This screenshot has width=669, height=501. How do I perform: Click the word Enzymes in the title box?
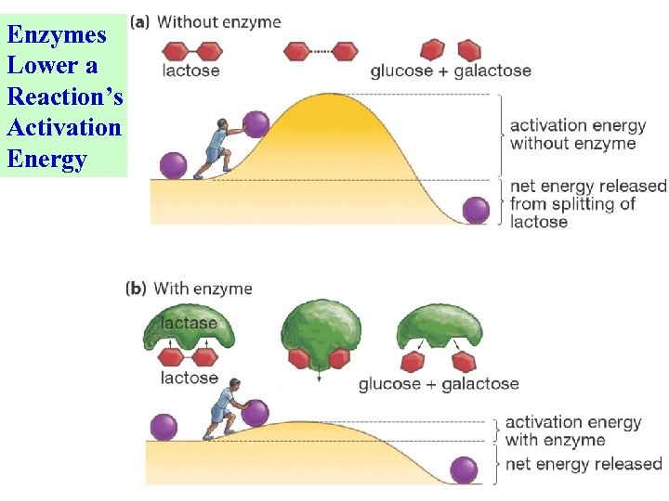coord(57,35)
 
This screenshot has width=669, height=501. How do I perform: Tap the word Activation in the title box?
coord(64,128)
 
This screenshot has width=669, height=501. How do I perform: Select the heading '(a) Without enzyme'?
coord(206,21)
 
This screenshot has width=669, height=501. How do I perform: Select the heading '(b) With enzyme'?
coord(190,289)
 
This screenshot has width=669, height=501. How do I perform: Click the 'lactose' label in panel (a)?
coord(191,71)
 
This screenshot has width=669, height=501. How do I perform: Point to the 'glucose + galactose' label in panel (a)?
coord(451,71)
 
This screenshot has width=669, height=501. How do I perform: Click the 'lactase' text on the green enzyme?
coord(190,324)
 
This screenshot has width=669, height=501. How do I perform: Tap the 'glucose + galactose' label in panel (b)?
coord(439,383)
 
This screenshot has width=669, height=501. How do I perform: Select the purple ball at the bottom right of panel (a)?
coord(476,211)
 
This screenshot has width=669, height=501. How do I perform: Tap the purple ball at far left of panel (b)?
coord(164,427)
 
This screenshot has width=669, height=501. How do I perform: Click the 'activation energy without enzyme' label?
coord(573,134)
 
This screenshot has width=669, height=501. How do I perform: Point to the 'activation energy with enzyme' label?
coord(572,431)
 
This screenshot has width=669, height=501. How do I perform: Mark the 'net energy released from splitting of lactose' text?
coord(587,203)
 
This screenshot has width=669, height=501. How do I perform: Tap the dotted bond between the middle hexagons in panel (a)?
coord(321,50)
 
